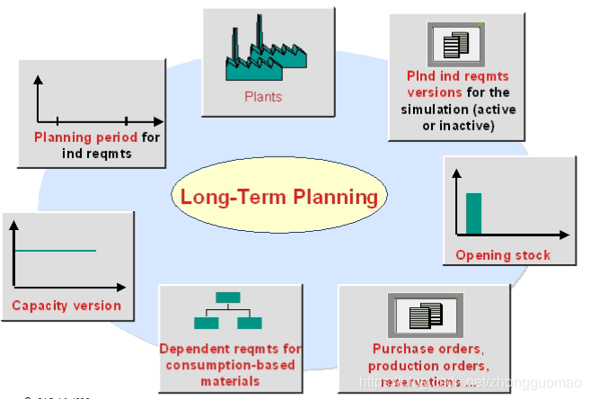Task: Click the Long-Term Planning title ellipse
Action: (279, 197)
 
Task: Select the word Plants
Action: (263, 96)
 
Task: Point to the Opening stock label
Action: (503, 255)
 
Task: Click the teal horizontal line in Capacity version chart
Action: (56, 251)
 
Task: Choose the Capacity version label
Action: (66, 306)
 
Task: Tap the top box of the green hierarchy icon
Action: (228, 297)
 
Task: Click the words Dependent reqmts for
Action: (231, 349)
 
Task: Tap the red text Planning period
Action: (86, 138)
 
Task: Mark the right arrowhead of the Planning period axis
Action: (159, 120)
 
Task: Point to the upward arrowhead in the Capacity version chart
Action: (13, 224)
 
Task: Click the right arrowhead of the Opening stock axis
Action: (565, 235)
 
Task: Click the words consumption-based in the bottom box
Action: (230, 365)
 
